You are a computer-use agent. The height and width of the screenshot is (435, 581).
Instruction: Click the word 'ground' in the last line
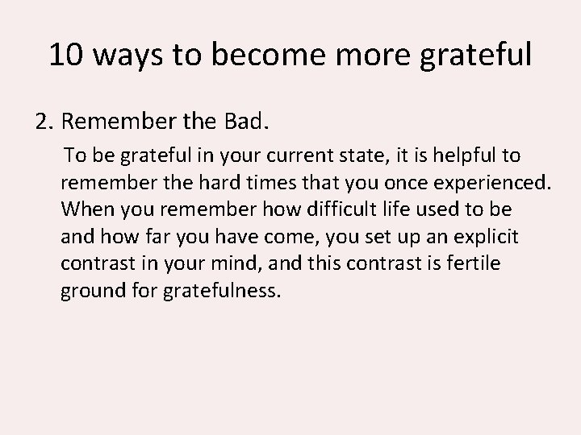pos(90,291)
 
